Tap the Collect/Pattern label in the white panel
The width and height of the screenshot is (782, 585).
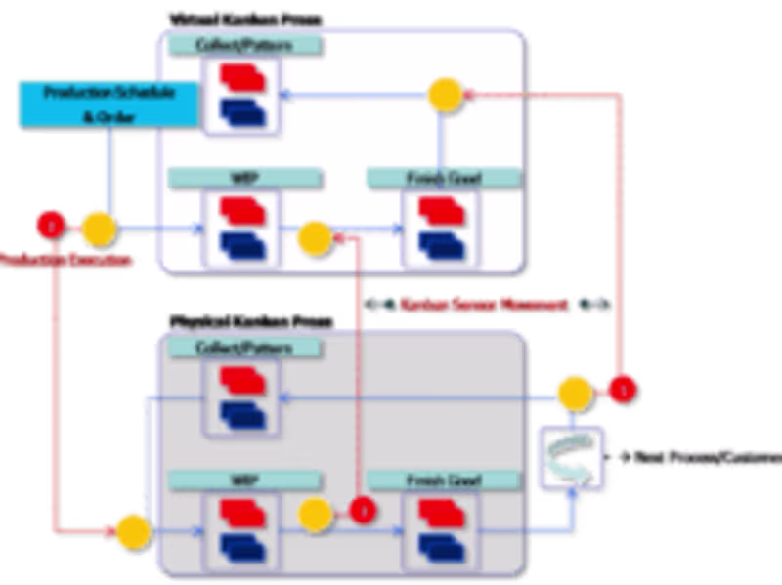coord(244,45)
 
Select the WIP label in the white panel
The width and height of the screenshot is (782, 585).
coord(244,179)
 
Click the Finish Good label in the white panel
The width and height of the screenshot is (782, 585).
coord(442,179)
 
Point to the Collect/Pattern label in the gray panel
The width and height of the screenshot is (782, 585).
coord(244,347)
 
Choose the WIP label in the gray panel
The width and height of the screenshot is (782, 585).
coord(244,481)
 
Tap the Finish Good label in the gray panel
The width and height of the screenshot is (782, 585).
coord(442,481)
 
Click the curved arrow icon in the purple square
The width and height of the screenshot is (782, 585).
coord(571,455)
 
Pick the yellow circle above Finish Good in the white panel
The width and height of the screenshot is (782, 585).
coord(445,94)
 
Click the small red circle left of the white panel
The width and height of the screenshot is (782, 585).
coord(47,225)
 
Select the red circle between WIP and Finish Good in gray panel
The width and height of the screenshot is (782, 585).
coord(363,509)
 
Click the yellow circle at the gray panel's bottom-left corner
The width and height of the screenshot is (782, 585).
coord(132,531)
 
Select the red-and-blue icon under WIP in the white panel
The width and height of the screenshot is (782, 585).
coord(242,228)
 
